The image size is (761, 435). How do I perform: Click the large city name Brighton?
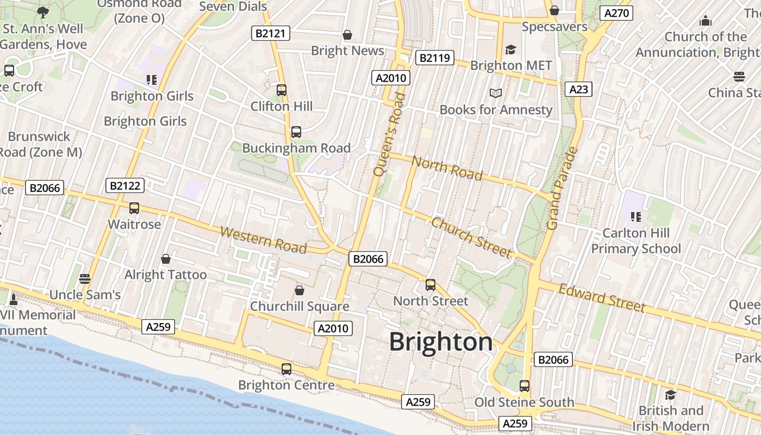point(441,343)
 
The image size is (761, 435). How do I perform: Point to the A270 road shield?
point(616,14)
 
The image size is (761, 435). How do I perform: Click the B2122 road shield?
point(125,186)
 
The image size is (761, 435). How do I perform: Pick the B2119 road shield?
point(434,58)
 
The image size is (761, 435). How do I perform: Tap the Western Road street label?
point(263,240)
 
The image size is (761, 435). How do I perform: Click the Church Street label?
point(471,237)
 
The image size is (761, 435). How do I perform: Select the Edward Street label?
point(602,297)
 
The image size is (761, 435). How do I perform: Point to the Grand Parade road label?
point(562,188)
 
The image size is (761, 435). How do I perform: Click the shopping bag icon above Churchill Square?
point(299,291)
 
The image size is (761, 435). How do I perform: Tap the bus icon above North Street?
point(431,285)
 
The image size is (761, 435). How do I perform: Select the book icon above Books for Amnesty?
point(495,94)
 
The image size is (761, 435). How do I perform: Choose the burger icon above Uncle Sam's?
point(84,279)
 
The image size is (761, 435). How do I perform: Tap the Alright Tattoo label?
point(165,275)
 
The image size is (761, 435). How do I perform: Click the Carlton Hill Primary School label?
point(635,241)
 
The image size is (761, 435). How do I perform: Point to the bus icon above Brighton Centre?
point(286,369)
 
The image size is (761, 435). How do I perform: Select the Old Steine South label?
point(524,402)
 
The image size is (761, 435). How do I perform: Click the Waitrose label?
point(134,224)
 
